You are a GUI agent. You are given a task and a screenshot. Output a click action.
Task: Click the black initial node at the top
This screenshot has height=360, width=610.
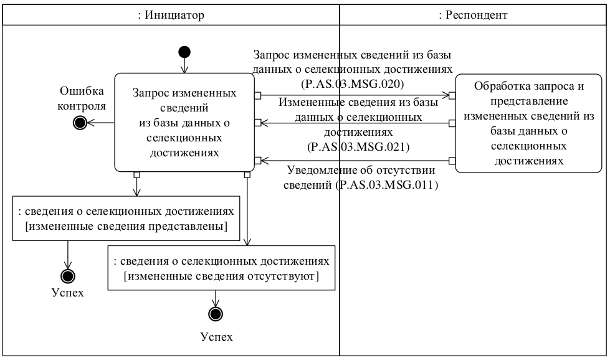point(184,52)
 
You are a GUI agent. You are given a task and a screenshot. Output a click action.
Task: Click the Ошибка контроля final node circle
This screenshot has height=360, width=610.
point(80,123)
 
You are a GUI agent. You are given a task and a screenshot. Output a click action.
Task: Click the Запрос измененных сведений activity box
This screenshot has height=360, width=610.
point(184,122)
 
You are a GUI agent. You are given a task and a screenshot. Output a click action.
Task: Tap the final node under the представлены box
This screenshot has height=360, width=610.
point(67,276)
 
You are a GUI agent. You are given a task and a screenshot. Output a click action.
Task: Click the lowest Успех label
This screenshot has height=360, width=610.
point(216,337)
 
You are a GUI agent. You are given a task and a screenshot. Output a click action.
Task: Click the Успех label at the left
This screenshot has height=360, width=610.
point(67,293)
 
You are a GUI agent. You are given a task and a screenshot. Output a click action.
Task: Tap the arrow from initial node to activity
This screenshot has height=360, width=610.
point(184,65)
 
